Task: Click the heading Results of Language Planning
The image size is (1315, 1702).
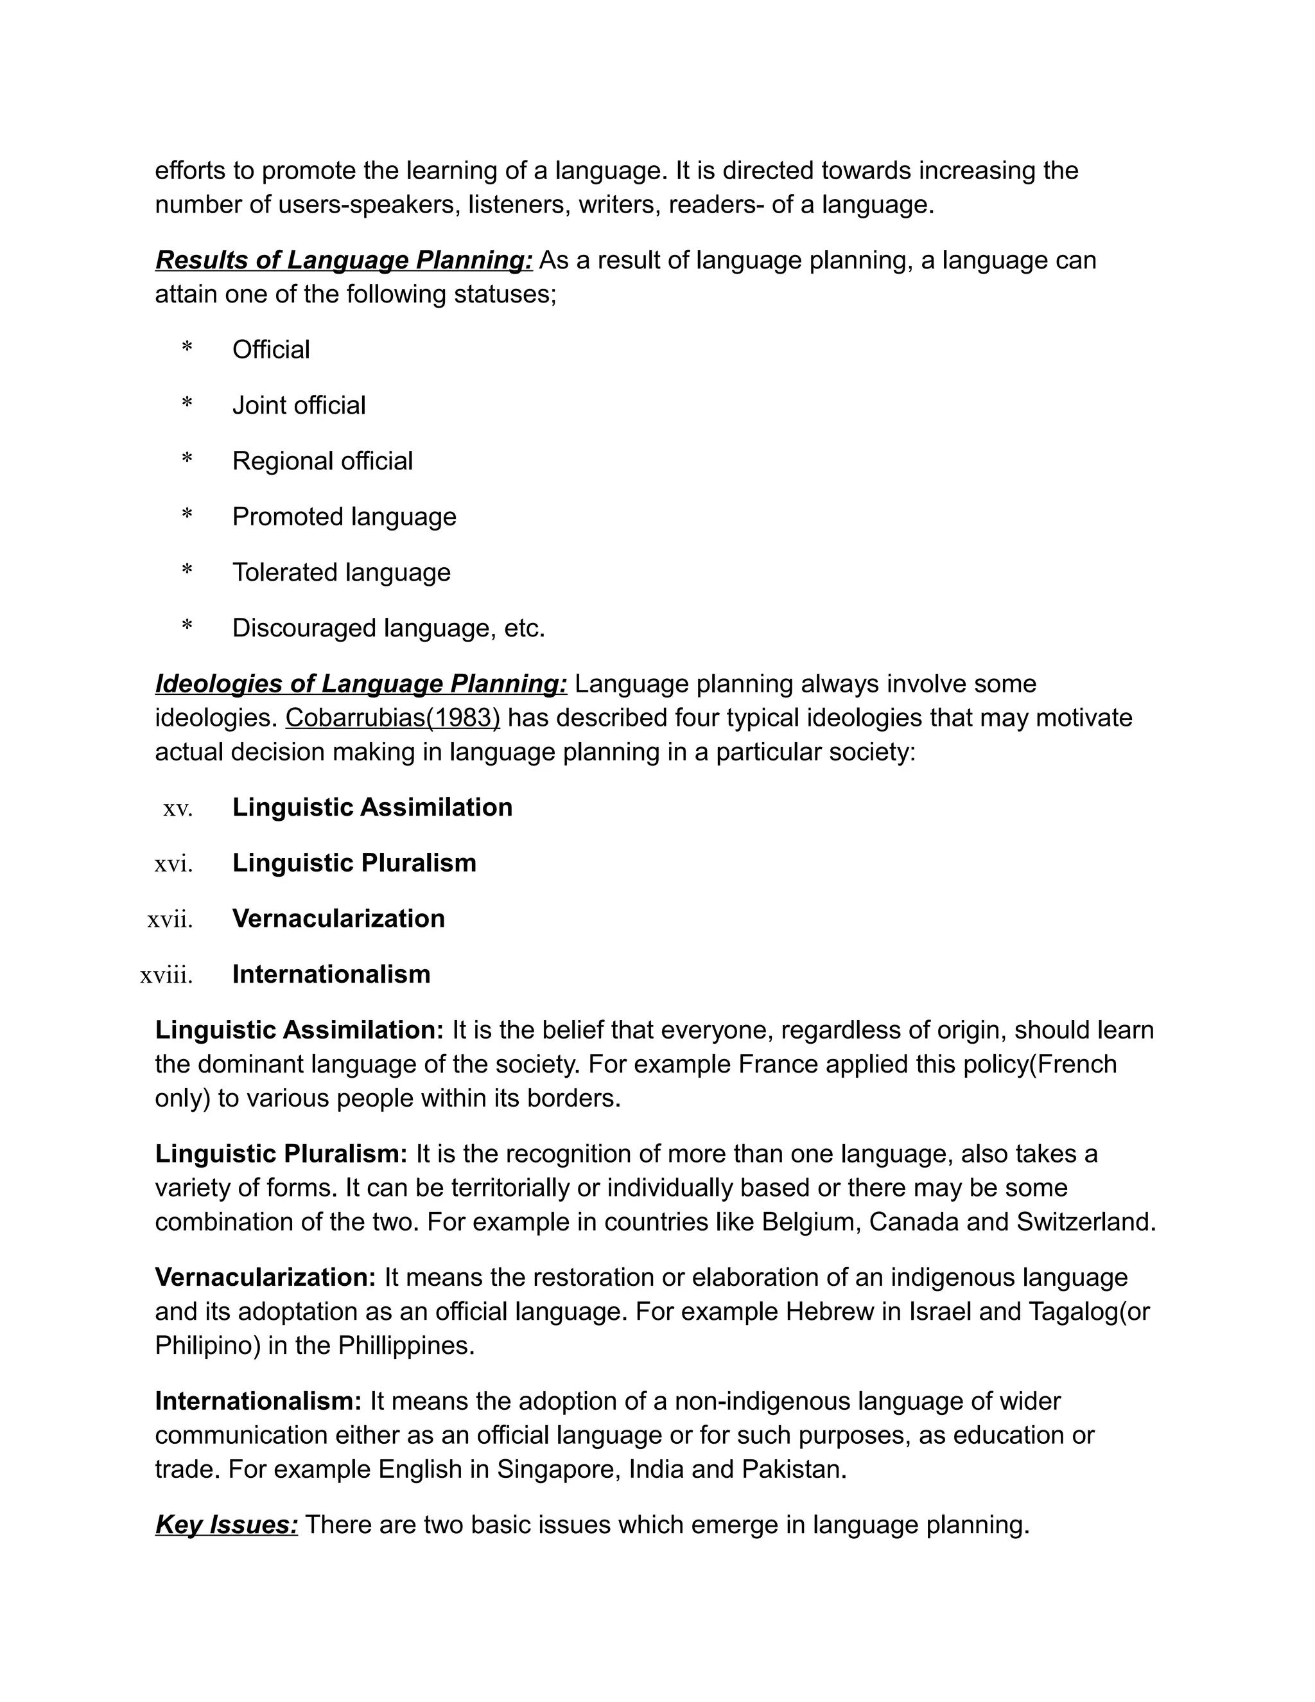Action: coord(344,259)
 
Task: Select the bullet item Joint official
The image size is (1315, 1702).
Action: coord(299,405)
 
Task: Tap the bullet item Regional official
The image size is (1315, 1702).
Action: coord(322,461)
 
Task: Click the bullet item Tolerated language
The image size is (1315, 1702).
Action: coord(341,572)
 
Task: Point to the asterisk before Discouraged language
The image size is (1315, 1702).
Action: coord(187,627)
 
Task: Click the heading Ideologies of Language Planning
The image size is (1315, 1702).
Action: coord(361,683)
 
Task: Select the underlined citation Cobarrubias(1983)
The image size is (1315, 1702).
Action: coord(392,718)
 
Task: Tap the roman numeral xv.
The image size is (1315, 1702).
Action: coord(178,809)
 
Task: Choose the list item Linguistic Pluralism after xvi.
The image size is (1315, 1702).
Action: coord(354,863)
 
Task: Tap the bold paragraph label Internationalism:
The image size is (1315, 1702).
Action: coord(258,1401)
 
